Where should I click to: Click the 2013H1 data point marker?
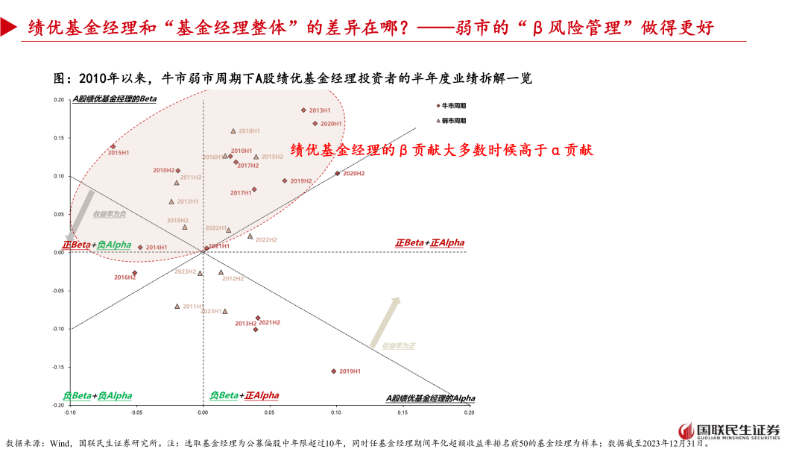pos(303,110)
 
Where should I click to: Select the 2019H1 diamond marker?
pos(333,371)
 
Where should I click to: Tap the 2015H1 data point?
pos(113,147)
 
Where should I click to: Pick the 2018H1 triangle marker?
pos(233,131)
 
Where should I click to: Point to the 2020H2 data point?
pos(337,173)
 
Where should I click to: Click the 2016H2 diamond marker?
pos(134,273)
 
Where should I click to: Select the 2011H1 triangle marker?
pos(177,306)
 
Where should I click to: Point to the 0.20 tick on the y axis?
pos(59,100)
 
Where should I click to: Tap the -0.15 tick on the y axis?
pos(57,367)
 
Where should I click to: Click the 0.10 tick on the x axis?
pos(336,412)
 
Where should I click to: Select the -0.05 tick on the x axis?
pos(136,412)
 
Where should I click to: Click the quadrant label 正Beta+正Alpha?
pos(429,243)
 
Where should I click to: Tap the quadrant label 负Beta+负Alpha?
pos(98,395)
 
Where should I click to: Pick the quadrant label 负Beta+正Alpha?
pos(244,395)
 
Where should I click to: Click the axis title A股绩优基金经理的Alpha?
pos(429,399)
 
